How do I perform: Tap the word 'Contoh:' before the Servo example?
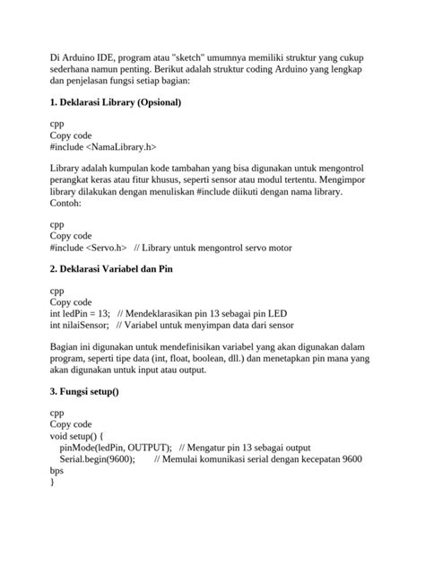point(66,204)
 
